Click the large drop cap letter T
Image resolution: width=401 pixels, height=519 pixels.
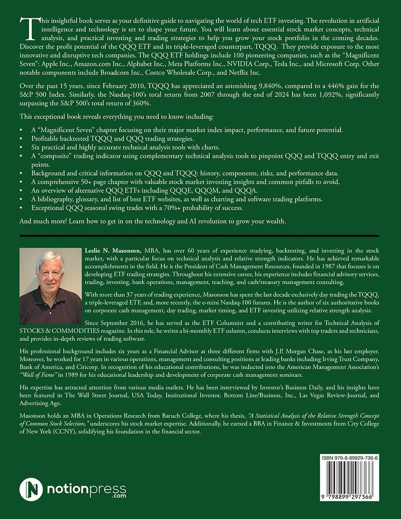pyautogui.click(x=28, y=30)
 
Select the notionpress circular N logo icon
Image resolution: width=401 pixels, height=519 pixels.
pyautogui.click(x=31, y=490)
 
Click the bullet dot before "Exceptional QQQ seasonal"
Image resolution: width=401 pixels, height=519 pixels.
pyautogui.click(x=22, y=208)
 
